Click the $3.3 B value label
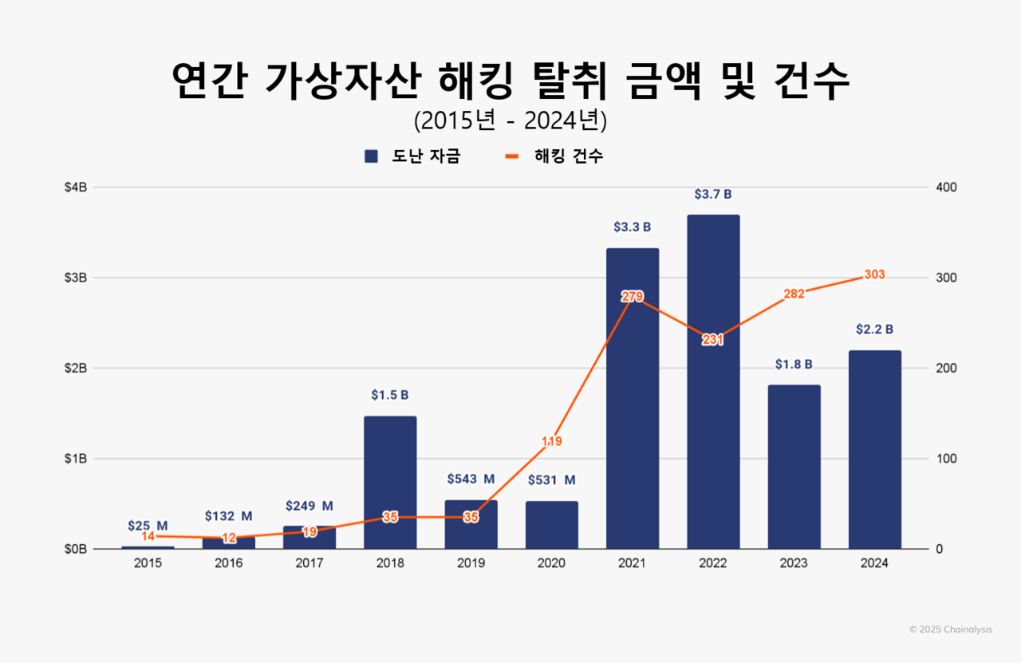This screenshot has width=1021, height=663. (x=632, y=227)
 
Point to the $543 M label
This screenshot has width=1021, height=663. (x=471, y=479)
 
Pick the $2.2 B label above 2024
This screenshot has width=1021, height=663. (x=874, y=330)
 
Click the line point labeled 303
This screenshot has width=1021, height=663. (x=874, y=275)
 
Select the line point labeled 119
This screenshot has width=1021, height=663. (x=551, y=441)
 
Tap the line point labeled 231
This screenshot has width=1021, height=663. (x=713, y=340)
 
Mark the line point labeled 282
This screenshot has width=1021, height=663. (x=794, y=294)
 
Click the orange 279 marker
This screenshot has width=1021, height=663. (x=632, y=297)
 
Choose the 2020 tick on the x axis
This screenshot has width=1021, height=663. (x=551, y=563)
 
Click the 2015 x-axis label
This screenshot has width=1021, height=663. (x=148, y=563)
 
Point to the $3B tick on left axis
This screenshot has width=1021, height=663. (x=77, y=278)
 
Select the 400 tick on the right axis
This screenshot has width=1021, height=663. (x=947, y=187)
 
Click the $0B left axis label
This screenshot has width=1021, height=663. (x=77, y=549)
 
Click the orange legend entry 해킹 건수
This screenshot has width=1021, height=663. (x=555, y=156)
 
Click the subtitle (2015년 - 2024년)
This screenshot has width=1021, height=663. (x=510, y=120)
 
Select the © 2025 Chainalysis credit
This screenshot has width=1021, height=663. (x=950, y=629)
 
